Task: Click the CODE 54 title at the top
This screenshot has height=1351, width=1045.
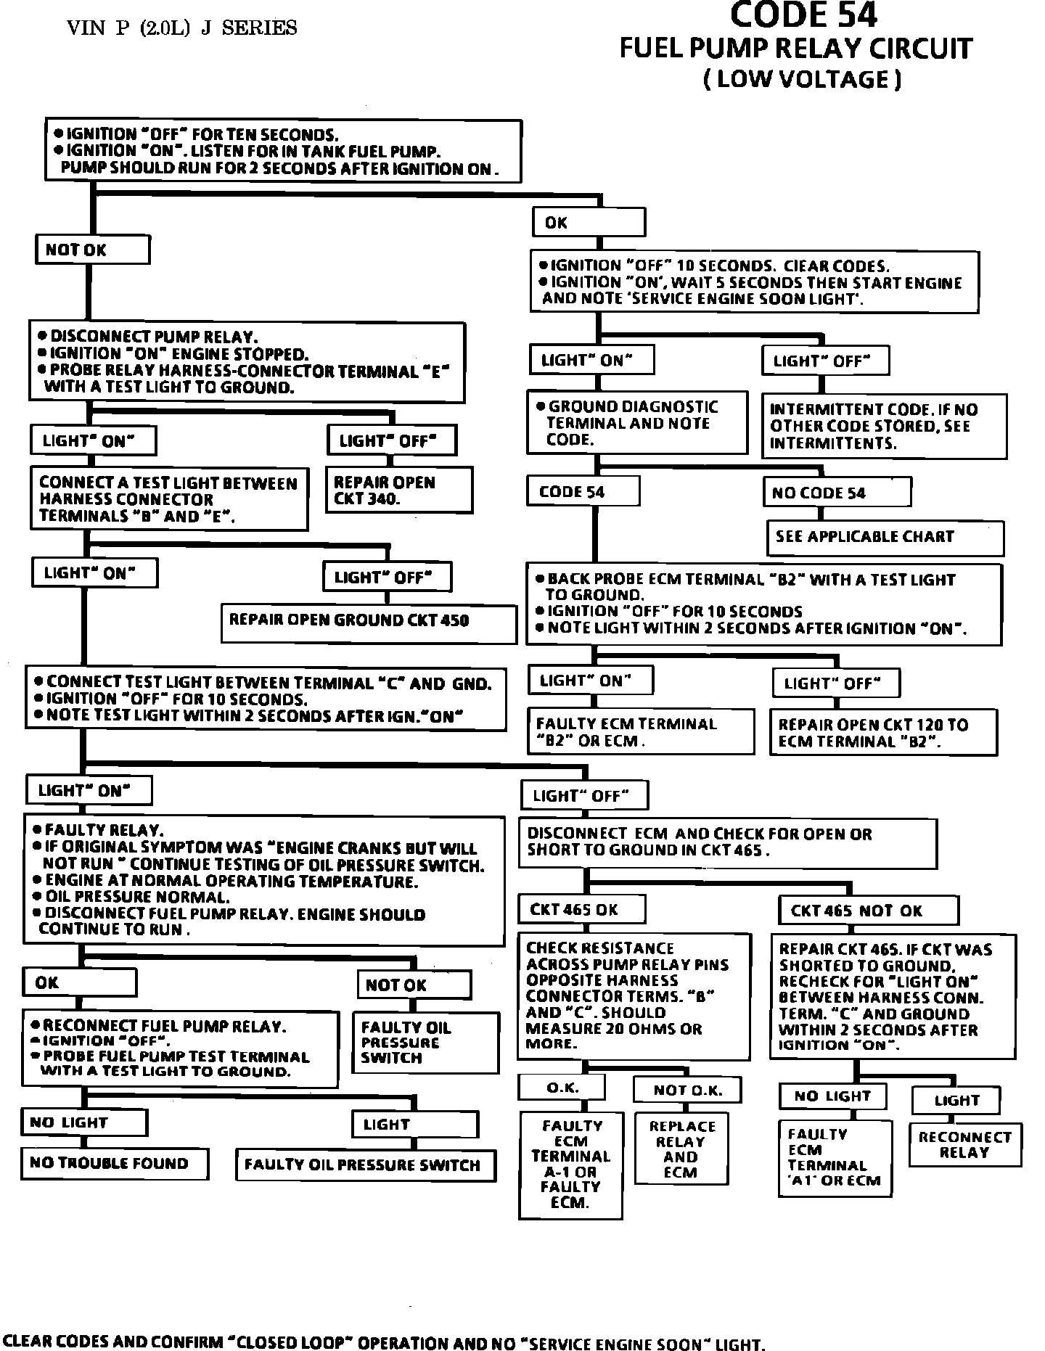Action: point(803,16)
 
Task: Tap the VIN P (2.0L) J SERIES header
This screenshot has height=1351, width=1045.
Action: point(181,28)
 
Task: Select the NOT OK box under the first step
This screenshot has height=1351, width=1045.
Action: point(92,250)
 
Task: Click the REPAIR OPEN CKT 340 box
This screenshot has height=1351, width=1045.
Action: point(398,490)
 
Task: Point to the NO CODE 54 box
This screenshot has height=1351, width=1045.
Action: point(837,493)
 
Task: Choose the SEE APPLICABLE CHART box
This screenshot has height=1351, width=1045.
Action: point(885,538)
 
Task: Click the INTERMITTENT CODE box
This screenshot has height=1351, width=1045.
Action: point(883,427)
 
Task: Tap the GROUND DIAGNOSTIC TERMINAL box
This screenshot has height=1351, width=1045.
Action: point(636,424)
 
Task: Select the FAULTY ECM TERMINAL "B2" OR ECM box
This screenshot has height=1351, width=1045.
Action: point(640,732)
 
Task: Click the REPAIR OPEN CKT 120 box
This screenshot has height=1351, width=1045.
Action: point(883,733)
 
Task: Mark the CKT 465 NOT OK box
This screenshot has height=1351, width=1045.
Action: point(869,911)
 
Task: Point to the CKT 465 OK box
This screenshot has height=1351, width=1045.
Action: point(572,910)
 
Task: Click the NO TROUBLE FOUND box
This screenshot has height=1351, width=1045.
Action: point(115,1163)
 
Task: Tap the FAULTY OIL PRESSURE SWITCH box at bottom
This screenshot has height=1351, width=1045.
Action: point(365,1165)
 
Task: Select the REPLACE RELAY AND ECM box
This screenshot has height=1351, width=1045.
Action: point(681,1149)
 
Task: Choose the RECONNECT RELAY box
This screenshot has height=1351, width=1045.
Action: point(964,1145)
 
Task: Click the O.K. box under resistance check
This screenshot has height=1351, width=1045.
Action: point(561,1088)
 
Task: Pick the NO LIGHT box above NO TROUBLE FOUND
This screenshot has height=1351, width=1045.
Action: point(83,1122)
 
